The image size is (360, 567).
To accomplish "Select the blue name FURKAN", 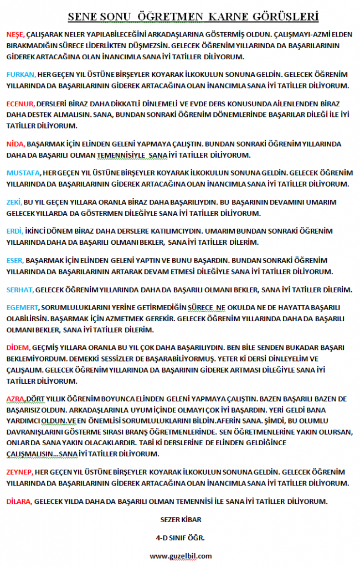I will tap(20, 75).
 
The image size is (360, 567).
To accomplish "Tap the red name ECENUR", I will tap(20, 104).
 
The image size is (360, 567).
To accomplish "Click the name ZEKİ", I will tap(14, 203).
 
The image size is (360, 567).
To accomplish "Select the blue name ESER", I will tap(14, 260).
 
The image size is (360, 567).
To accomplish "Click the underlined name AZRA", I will tap(15, 399).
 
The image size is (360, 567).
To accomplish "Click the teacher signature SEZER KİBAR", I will tap(180, 520).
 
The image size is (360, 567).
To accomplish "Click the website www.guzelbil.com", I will tap(181, 555).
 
